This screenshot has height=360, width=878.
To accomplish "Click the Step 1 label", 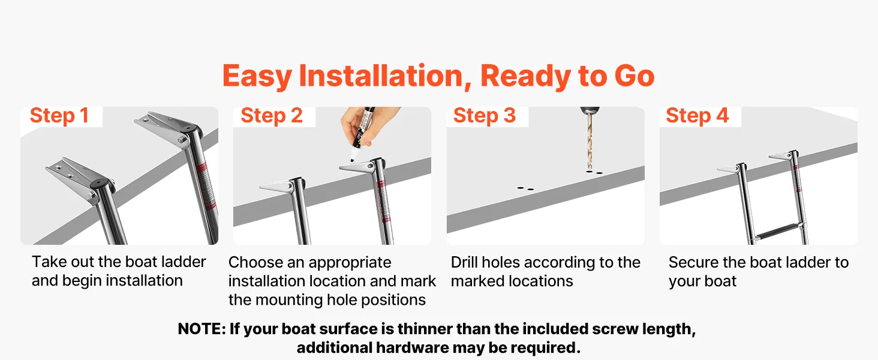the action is click(59, 116).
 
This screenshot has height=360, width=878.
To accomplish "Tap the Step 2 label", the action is click(272, 116).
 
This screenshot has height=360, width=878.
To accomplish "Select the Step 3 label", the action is click(485, 116).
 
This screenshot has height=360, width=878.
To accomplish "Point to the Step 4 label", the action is click(697, 116).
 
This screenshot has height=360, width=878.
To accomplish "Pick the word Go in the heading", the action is click(635, 76).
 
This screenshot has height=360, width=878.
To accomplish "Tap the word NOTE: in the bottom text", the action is click(202, 329).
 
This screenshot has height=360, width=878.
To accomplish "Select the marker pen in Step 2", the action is click(360, 133).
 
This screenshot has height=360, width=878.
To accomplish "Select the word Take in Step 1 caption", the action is click(48, 262).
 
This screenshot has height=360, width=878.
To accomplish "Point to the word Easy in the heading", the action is click(257, 76).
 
